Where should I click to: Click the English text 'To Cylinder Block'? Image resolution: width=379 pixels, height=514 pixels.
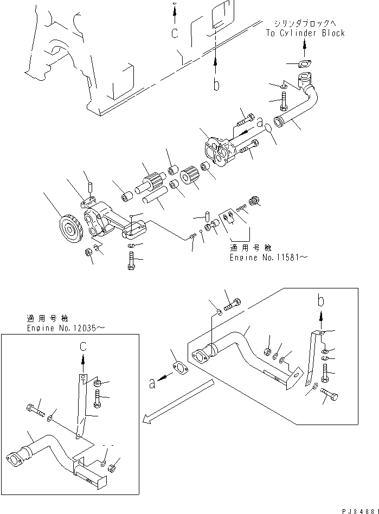click(x=305, y=33)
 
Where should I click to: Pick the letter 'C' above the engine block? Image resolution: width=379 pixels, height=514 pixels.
click(x=174, y=33)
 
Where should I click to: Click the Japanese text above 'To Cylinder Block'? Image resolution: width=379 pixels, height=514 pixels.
click(x=305, y=23)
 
